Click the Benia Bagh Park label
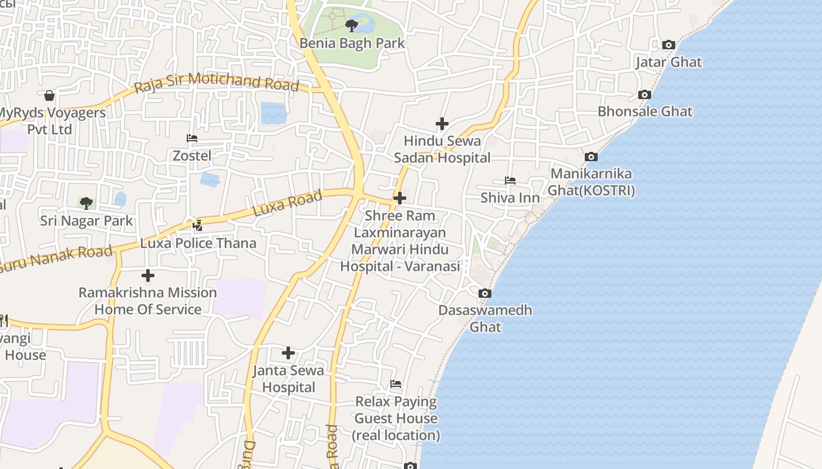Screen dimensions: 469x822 click(352, 43)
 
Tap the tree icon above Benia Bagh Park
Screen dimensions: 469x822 click(352, 25)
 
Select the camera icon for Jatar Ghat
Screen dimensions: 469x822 click(668, 45)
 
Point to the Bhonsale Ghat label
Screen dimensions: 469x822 click(645, 111)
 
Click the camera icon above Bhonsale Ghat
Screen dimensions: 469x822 click(644, 94)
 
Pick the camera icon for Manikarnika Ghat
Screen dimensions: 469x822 click(591, 157)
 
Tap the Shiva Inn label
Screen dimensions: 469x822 click(510, 198)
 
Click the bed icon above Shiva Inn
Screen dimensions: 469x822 click(510, 181)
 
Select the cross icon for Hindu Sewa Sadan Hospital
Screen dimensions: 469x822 click(442, 124)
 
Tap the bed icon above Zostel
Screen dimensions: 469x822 click(192, 139)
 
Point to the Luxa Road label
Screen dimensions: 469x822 click(288, 203)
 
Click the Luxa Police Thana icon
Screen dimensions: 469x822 click(198, 225)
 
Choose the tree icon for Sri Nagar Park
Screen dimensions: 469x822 click(86, 203)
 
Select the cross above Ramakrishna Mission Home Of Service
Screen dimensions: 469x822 click(148, 275)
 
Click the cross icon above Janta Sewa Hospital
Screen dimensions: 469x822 click(288, 353)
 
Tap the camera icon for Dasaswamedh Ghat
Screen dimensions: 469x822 click(485, 293)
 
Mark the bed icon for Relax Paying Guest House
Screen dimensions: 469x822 click(396, 385)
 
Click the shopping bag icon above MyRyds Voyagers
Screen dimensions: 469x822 click(49, 95)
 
